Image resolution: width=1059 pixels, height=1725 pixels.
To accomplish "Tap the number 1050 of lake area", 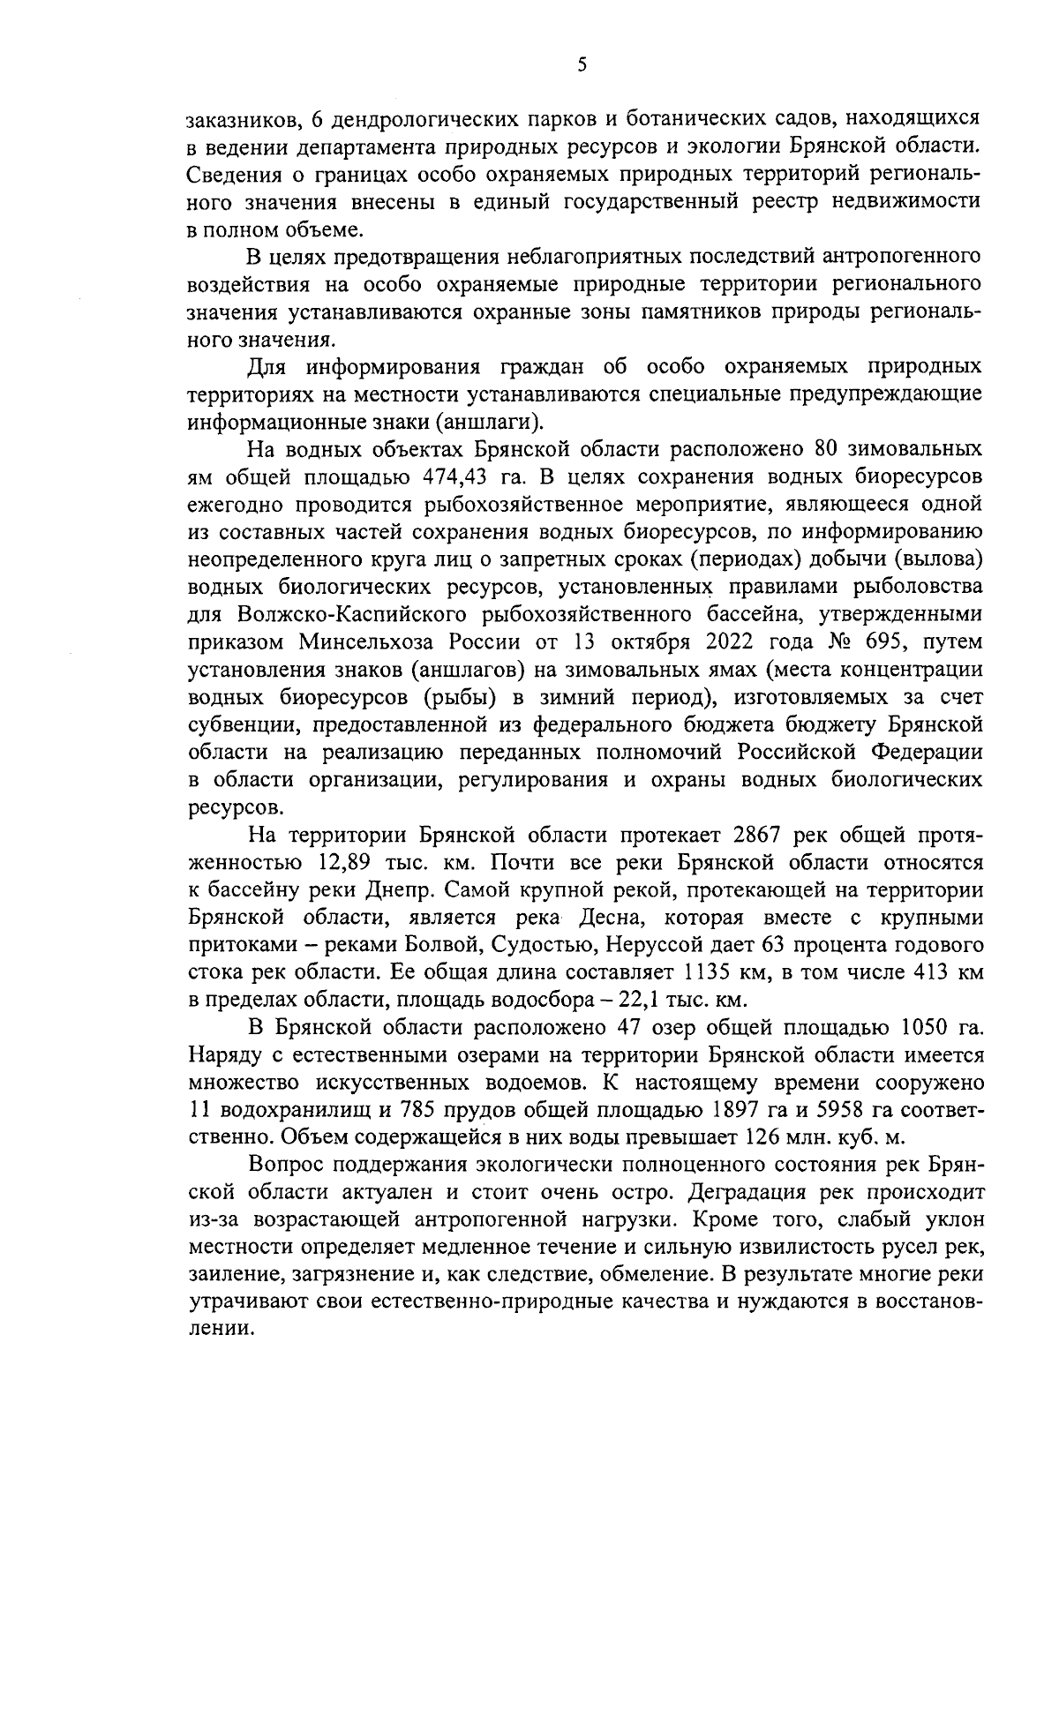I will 920,1028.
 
